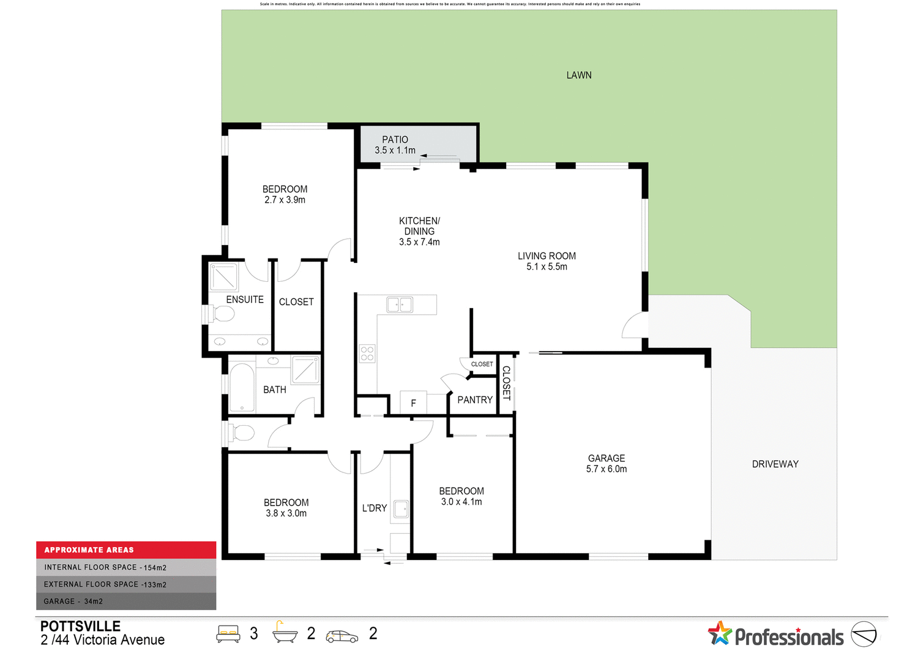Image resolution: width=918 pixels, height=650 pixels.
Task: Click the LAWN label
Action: (578, 75)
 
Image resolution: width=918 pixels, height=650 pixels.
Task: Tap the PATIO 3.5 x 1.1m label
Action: (395, 145)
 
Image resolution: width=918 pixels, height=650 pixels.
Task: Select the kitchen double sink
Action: (400, 304)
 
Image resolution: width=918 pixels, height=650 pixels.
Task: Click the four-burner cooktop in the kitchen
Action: (367, 353)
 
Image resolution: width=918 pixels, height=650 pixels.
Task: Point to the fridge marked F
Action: (413, 402)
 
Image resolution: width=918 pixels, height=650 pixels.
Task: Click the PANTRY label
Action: (474, 400)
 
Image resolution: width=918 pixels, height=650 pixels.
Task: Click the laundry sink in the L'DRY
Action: (401, 509)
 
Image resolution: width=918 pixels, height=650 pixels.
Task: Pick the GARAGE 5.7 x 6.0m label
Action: (606, 464)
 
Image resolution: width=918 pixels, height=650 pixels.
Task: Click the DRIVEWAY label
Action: (775, 464)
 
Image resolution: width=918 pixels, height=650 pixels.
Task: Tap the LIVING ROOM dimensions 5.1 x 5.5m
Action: (547, 267)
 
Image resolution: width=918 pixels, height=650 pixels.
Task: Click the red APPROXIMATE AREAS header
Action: (126, 550)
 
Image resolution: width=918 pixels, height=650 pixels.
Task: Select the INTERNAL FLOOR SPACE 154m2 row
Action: (126, 567)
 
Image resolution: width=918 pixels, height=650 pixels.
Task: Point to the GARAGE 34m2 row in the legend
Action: (126, 601)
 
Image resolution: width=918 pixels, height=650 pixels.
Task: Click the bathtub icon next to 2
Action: (285, 632)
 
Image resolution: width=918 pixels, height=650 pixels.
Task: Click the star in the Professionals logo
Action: (720, 633)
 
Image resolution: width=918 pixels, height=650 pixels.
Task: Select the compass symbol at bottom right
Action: (864, 634)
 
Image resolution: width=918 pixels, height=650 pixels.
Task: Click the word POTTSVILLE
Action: (80, 626)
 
